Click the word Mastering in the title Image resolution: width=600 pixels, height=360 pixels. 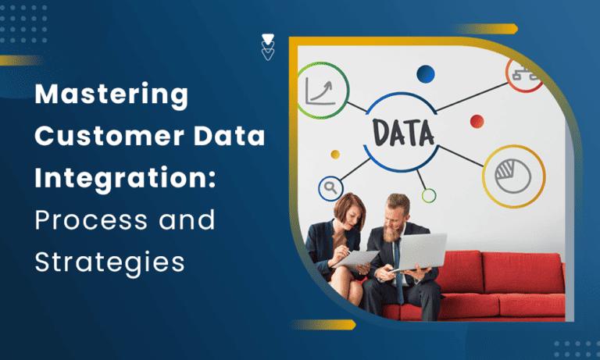click(112, 96)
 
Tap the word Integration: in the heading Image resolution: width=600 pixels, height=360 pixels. click(124, 179)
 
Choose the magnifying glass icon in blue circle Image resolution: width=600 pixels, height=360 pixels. click(330, 188)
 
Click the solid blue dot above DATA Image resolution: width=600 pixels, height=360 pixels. click(426, 73)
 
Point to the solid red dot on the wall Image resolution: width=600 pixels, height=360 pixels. click(477, 121)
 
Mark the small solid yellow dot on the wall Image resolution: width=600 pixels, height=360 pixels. click(336, 154)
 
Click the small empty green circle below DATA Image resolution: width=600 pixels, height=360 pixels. click(428, 195)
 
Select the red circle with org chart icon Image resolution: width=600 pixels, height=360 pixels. click(525, 73)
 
